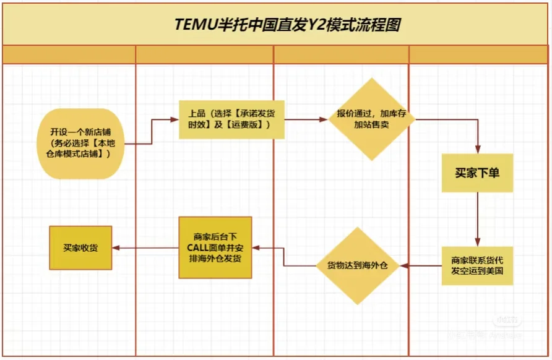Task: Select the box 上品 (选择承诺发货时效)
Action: click(x=231, y=119)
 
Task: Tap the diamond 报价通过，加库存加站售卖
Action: click(x=371, y=119)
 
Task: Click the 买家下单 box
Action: click(x=477, y=173)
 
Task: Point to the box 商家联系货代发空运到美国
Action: click(x=477, y=266)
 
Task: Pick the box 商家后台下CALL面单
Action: click(x=215, y=247)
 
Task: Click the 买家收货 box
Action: click(x=80, y=247)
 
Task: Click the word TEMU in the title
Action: click(x=192, y=25)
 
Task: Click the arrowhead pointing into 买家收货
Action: click(x=116, y=247)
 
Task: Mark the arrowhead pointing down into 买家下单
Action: click(x=477, y=149)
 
